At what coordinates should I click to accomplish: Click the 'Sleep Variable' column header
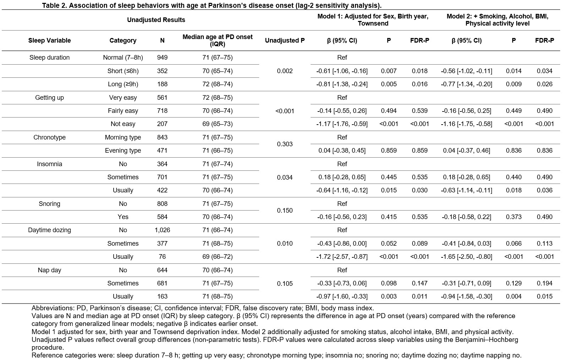[49, 40]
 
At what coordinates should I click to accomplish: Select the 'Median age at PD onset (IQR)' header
[217, 40]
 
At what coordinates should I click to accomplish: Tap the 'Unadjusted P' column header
[285, 40]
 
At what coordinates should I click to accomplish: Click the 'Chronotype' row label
[49, 137]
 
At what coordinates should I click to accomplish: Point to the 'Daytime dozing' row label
[49, 230]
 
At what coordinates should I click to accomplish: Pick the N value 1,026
[162, 230]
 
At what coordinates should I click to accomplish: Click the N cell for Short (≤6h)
[162, 71]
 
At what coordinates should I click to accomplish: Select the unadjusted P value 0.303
[285, 144]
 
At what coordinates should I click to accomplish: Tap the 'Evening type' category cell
[123, 150]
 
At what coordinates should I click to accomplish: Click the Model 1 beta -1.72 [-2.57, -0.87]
[342, 257]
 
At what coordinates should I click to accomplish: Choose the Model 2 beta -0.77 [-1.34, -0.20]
[466, 84]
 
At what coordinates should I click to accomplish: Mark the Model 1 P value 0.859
[389, 150]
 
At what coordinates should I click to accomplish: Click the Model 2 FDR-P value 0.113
[545, 243]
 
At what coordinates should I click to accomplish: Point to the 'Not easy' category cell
[123, 124]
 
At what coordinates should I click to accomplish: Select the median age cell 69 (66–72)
[217, 257]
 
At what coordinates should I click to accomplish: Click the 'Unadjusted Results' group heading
[156, 20]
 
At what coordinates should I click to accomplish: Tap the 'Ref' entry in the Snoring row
[342, 204]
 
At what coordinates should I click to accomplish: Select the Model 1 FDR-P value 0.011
[420, 296]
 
